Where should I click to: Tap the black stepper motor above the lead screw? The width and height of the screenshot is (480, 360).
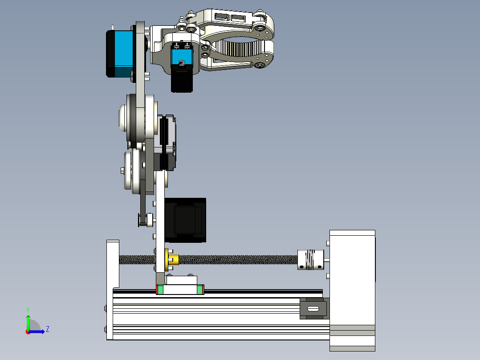coord(185,220)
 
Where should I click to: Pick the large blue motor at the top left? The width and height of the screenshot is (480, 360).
coord(120,53)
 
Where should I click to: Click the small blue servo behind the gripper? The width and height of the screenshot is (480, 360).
coord(182,57)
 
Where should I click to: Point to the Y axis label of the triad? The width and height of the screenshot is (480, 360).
coord(28,309)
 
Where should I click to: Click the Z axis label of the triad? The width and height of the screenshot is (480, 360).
coord(47,329)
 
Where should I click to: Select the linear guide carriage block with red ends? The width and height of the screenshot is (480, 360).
coord(180,289)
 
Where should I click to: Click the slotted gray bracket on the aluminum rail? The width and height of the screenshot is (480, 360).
coord(313,309)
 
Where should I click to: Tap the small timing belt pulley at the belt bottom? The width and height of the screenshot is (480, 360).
coord(145,219)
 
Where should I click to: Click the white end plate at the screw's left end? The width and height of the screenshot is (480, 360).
coord(113,263)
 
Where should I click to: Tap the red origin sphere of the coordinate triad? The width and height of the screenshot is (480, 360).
coord(28,331)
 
